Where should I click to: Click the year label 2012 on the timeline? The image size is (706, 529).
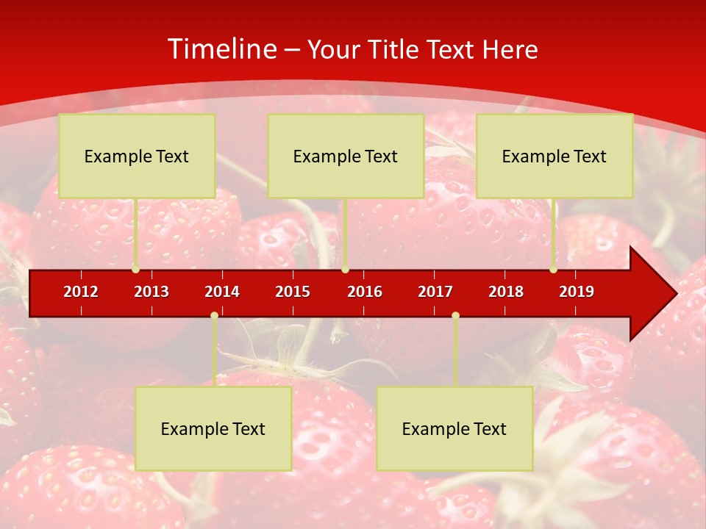[81, 292]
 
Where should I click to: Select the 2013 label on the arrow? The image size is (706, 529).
[151, 292]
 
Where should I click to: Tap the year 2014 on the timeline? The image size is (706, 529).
[222, 292]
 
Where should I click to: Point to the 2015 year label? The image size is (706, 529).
[293, 292]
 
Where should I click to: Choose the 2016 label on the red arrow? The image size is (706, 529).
[365, 292]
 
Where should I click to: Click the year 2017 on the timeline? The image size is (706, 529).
[435, 292]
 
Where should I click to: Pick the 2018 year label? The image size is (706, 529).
[506, 292]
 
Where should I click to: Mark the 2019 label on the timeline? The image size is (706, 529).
[577, 292]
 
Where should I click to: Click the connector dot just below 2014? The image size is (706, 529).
[214, 316]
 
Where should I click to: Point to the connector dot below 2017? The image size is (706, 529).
[455, 316]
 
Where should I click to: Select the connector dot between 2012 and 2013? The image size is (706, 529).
[135, 270]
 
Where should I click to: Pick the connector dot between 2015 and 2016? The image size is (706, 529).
[345, 270]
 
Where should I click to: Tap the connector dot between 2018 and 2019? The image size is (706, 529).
[553, 270]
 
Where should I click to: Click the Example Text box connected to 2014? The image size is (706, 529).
[213, 429]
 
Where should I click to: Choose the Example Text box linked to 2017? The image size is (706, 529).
[454, 429]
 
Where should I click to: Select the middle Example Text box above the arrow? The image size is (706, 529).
[346, 156]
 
